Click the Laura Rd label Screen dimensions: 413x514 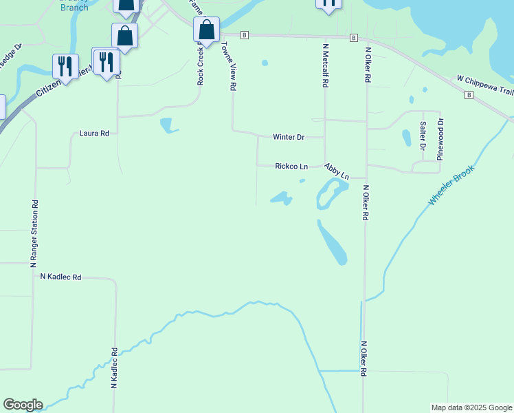(x=95, y=134)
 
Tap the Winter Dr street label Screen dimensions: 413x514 (x=289, y=137)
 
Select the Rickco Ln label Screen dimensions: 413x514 (x=291, y=166)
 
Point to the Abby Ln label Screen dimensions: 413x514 (x=337, y=171)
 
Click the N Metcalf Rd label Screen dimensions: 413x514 (x=324, y=66)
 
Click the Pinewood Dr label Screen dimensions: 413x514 (x=440, y=140)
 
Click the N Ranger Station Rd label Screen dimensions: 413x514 (x=33, y=233)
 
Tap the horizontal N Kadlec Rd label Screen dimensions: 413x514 (x=60, y=277)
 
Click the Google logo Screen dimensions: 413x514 (x=23, y=405)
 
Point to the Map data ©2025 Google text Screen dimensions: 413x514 (x=471, y=407)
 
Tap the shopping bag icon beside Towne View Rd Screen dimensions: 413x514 (x=206, y=30)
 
